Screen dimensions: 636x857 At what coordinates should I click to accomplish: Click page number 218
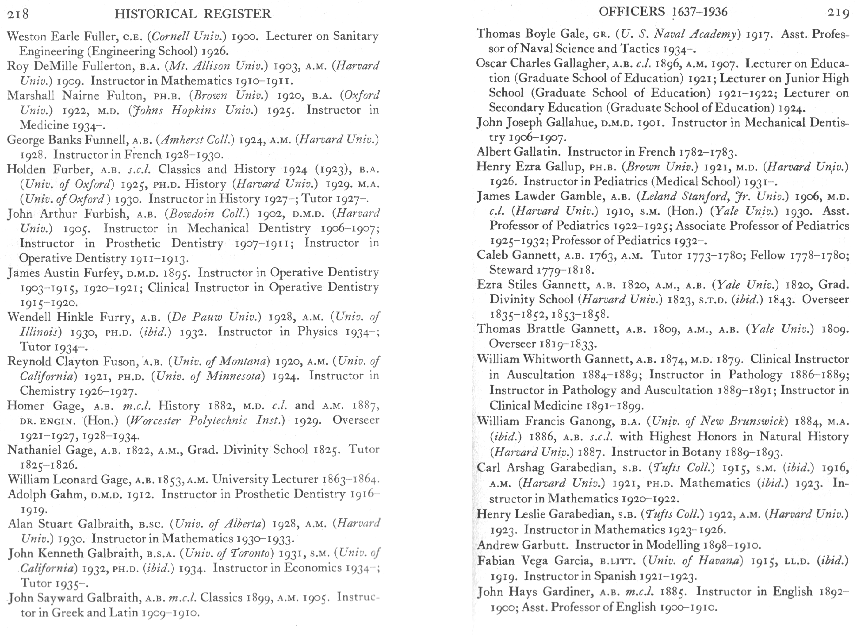18,14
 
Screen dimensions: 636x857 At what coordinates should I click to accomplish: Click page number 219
838,13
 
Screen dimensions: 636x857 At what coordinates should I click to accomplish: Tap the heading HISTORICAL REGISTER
193,14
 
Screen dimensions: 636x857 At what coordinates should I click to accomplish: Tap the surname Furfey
102,273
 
